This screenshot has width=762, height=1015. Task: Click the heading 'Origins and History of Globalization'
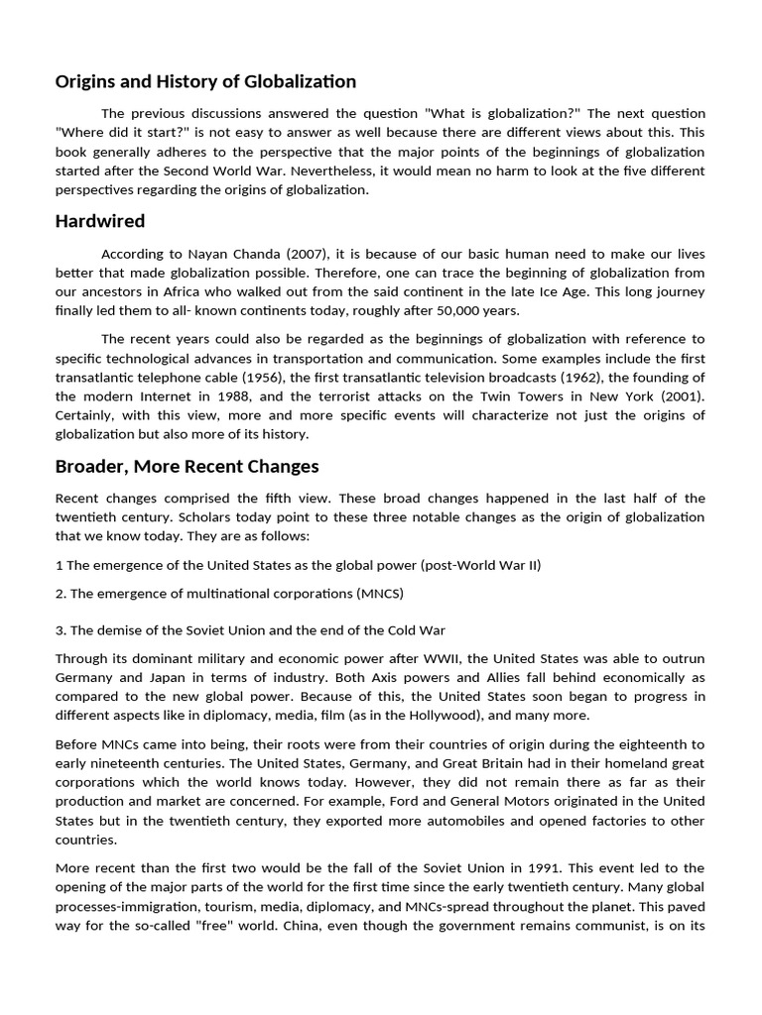[205, 81]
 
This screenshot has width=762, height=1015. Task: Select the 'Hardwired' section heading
[100, 221]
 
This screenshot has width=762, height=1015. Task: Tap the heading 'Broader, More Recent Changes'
[187, 466]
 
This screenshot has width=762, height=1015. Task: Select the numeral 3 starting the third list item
[59, 630]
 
